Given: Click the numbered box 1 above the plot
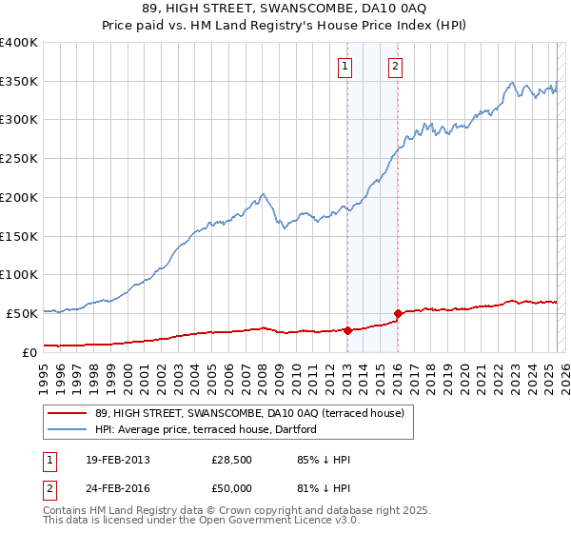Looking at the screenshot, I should click(x=344, y=67).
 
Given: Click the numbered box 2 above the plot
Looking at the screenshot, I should click(x=394, y=67).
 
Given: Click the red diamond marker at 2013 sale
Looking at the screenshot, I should click(x=347, y=330).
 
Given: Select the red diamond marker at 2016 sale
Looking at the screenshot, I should click(x=398, y=313).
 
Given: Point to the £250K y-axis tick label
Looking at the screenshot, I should click(x=19, y=159).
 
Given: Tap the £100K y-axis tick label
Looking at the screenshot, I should click(x=19, y=274).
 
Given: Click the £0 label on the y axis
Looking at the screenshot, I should click(x=30, y=351).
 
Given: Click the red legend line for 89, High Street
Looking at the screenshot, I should click(x=67, y=413).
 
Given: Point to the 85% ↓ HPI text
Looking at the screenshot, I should click(x=324, y=460).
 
